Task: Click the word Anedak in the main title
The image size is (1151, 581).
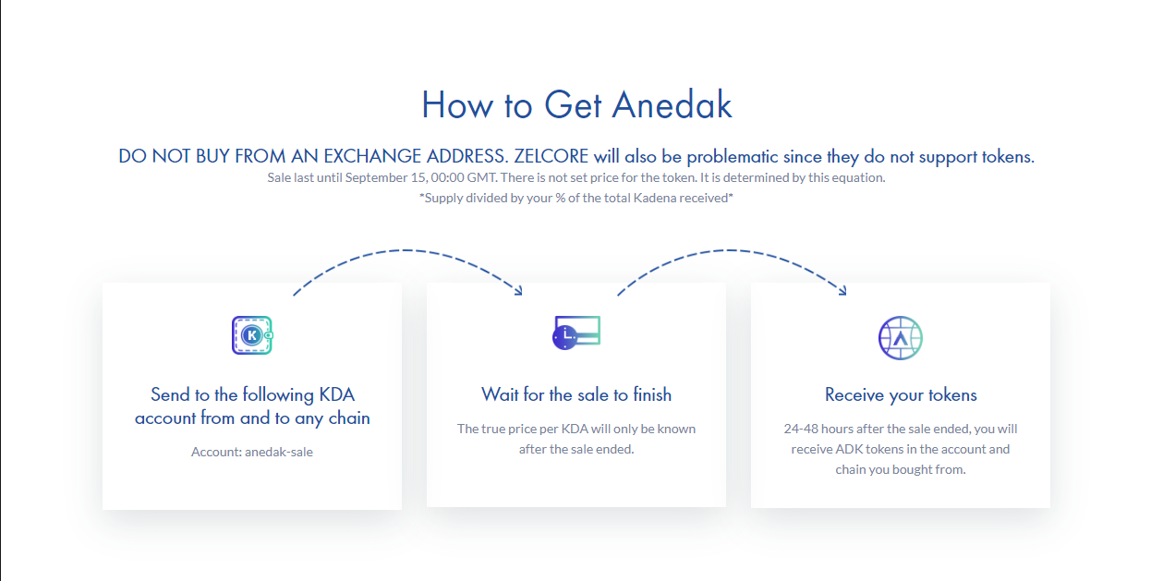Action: point(672,104)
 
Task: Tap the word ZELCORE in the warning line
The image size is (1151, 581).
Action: point(551,156)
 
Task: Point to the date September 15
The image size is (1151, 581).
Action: point(385,177)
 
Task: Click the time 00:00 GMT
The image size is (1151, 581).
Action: point(464,177)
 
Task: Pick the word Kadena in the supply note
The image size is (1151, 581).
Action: point(655,198)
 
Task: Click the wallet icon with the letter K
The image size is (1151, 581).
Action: point(252,335)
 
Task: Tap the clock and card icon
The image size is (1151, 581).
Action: point(576,333)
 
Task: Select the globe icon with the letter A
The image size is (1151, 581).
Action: point(901,337)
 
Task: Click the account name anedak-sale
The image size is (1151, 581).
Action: point(278,452)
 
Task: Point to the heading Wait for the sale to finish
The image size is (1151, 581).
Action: point(576,394)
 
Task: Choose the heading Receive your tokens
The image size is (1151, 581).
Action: point(901,395)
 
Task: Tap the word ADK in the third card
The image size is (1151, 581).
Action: point(849,449)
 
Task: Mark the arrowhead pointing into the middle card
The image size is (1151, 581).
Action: point(518,291)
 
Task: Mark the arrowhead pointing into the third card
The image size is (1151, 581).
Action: point(842,291)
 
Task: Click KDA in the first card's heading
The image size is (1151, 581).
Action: point(336,394)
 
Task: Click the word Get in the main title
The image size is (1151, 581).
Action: point(573,104)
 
